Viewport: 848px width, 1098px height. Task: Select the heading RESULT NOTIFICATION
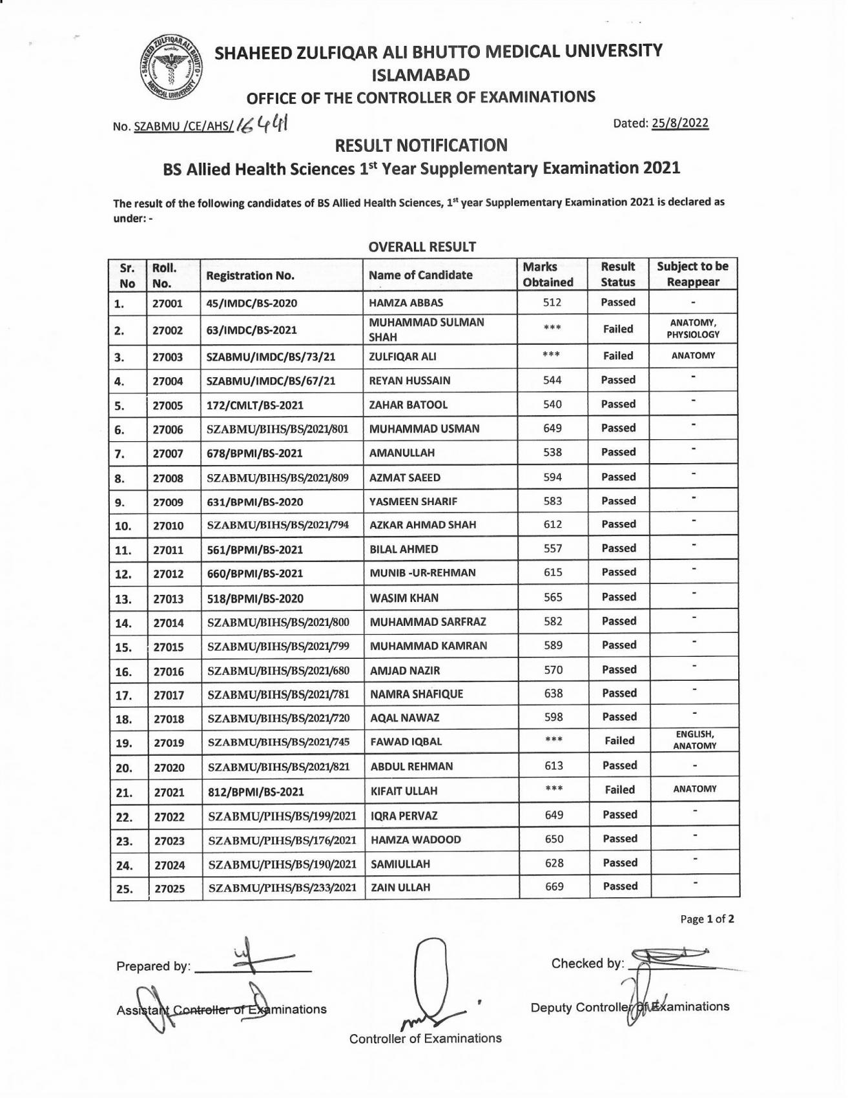(x=421, y=145)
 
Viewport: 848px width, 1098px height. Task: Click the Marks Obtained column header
(x=548, y=274)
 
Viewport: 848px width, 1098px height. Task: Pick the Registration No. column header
(x=250, y=276)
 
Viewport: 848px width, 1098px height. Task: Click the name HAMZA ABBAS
(x=406, y=302)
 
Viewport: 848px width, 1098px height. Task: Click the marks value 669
(x=554, y=887)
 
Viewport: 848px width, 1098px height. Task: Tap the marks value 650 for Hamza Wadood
(x=554, y=839)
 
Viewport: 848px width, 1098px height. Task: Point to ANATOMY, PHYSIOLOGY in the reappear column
(x=693, y=329)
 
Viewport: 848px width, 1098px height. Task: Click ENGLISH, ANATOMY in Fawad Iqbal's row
(x=694, y=740)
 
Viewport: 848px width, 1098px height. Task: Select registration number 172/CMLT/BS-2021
(x=254, y=406)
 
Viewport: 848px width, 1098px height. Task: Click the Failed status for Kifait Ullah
(x=619, y=790)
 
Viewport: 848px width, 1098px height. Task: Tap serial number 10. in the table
(x=123, y=526)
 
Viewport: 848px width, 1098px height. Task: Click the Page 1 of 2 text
(x=707, y=919)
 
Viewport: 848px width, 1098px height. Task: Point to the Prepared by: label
(x=153, y=967)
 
